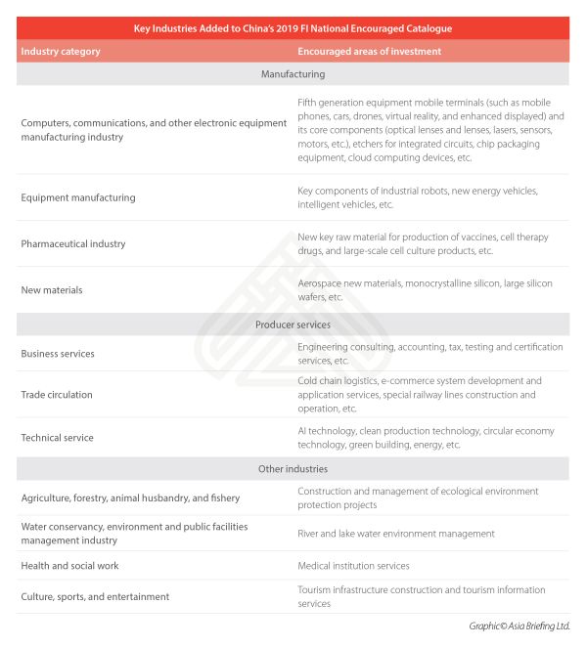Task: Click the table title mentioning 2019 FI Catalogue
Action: coord(293,28)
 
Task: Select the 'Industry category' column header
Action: coord(61,51)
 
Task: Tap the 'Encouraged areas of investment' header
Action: coord(369,51)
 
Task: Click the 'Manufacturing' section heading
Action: coord(293,74)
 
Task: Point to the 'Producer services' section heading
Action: coord(293,324)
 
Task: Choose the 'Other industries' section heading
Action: coord(293,469)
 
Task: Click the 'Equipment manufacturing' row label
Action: coord(78,197)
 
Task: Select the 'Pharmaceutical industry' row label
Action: coord(73,243)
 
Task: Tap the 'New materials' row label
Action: coord(52,290)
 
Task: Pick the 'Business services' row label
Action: coord(58,354)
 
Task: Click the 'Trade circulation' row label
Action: coord(57,395)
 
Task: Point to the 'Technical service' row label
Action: coord(57,438)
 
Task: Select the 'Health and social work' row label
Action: coord(72,565)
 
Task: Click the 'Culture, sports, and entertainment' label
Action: coord(95,596)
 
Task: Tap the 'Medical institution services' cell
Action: coord(353,565)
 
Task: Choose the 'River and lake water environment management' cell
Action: coord(396,534)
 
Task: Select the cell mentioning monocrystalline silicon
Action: coord(425,290)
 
